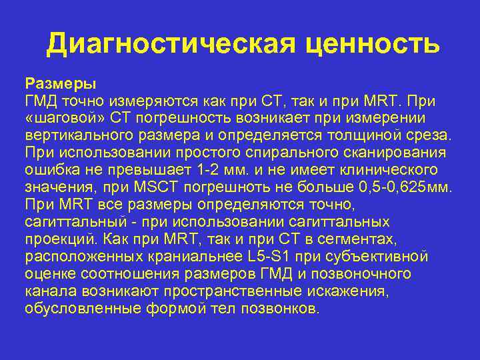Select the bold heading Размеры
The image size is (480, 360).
[61, 84]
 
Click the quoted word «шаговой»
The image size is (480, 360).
[65, 119]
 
